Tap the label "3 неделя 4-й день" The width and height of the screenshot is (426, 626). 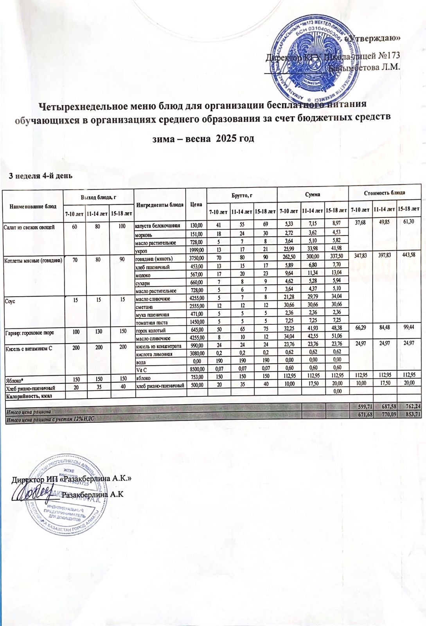(x=41, y=175)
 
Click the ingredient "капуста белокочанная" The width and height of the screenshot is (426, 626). (x=158, y=226)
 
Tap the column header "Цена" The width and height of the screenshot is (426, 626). (x=196, y=204)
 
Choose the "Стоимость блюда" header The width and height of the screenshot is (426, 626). (x=384, y=193)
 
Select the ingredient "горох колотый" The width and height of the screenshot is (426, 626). (x=150, y=332)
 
